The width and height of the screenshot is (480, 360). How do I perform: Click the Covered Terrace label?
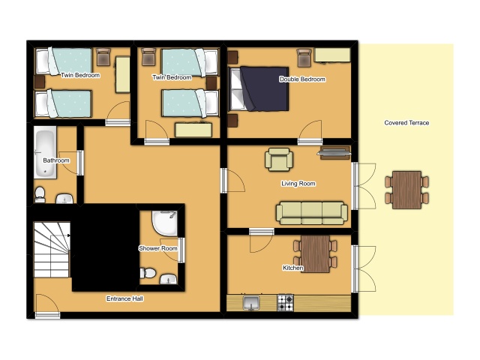[406, 123]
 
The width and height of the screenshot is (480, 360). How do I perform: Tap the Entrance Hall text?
[124, 298]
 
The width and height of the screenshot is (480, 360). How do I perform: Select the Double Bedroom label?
[302, 79]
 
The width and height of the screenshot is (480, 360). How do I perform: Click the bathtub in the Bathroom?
[45, 153]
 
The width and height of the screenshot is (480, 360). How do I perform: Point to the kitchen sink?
[251, 303]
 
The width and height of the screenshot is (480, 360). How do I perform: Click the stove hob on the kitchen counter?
[285, 303]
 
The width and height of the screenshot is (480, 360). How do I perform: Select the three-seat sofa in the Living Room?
[312, 213]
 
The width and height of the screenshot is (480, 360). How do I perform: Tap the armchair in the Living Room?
[278, 160]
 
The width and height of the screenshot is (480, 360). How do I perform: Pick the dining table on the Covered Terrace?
[406, 190]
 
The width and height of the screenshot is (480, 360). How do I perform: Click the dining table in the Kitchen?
[315, 253]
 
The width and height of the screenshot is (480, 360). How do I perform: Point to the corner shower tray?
[165, 223]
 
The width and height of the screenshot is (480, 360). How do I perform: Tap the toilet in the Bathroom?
[40, 195]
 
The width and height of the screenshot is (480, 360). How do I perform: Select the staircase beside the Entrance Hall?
[52, 250]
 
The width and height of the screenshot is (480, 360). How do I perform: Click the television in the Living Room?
[334, 153]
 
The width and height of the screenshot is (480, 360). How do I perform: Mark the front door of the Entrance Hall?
[47, 315]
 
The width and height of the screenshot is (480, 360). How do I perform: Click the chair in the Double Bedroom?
[304, 58]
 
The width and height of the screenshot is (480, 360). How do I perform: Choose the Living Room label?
[298, 183]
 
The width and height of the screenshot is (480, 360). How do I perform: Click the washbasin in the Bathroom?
[64, 198]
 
